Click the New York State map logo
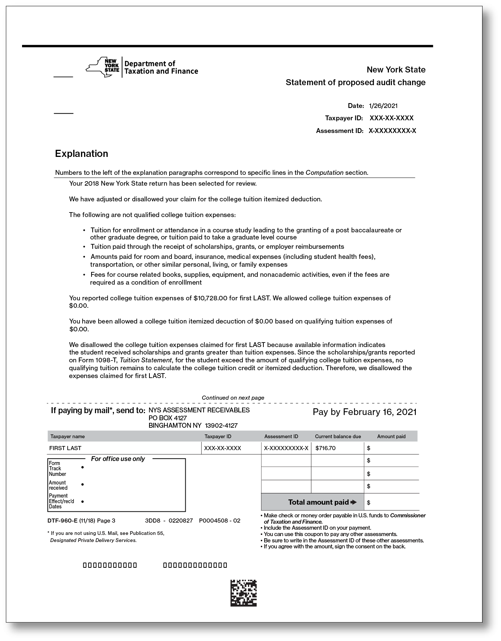[103, 67]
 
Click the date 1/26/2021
[383, 106]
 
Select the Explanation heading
[81, 154]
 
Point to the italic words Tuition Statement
[146, 360]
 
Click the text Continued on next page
[233, 398]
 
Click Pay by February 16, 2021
[364, 412]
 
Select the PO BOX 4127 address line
[168, 418]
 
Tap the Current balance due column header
[338, 436]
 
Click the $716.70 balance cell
[325, 448]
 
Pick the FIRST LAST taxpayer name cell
[65, 448]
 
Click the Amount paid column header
[391, 436]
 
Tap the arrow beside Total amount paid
[354, 502]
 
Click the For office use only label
[118, 459]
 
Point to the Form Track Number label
[57, 468]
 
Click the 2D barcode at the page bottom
[244, 593]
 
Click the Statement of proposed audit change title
[355, 83]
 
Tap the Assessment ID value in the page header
[392, 131]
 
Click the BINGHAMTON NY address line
[193, 425]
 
